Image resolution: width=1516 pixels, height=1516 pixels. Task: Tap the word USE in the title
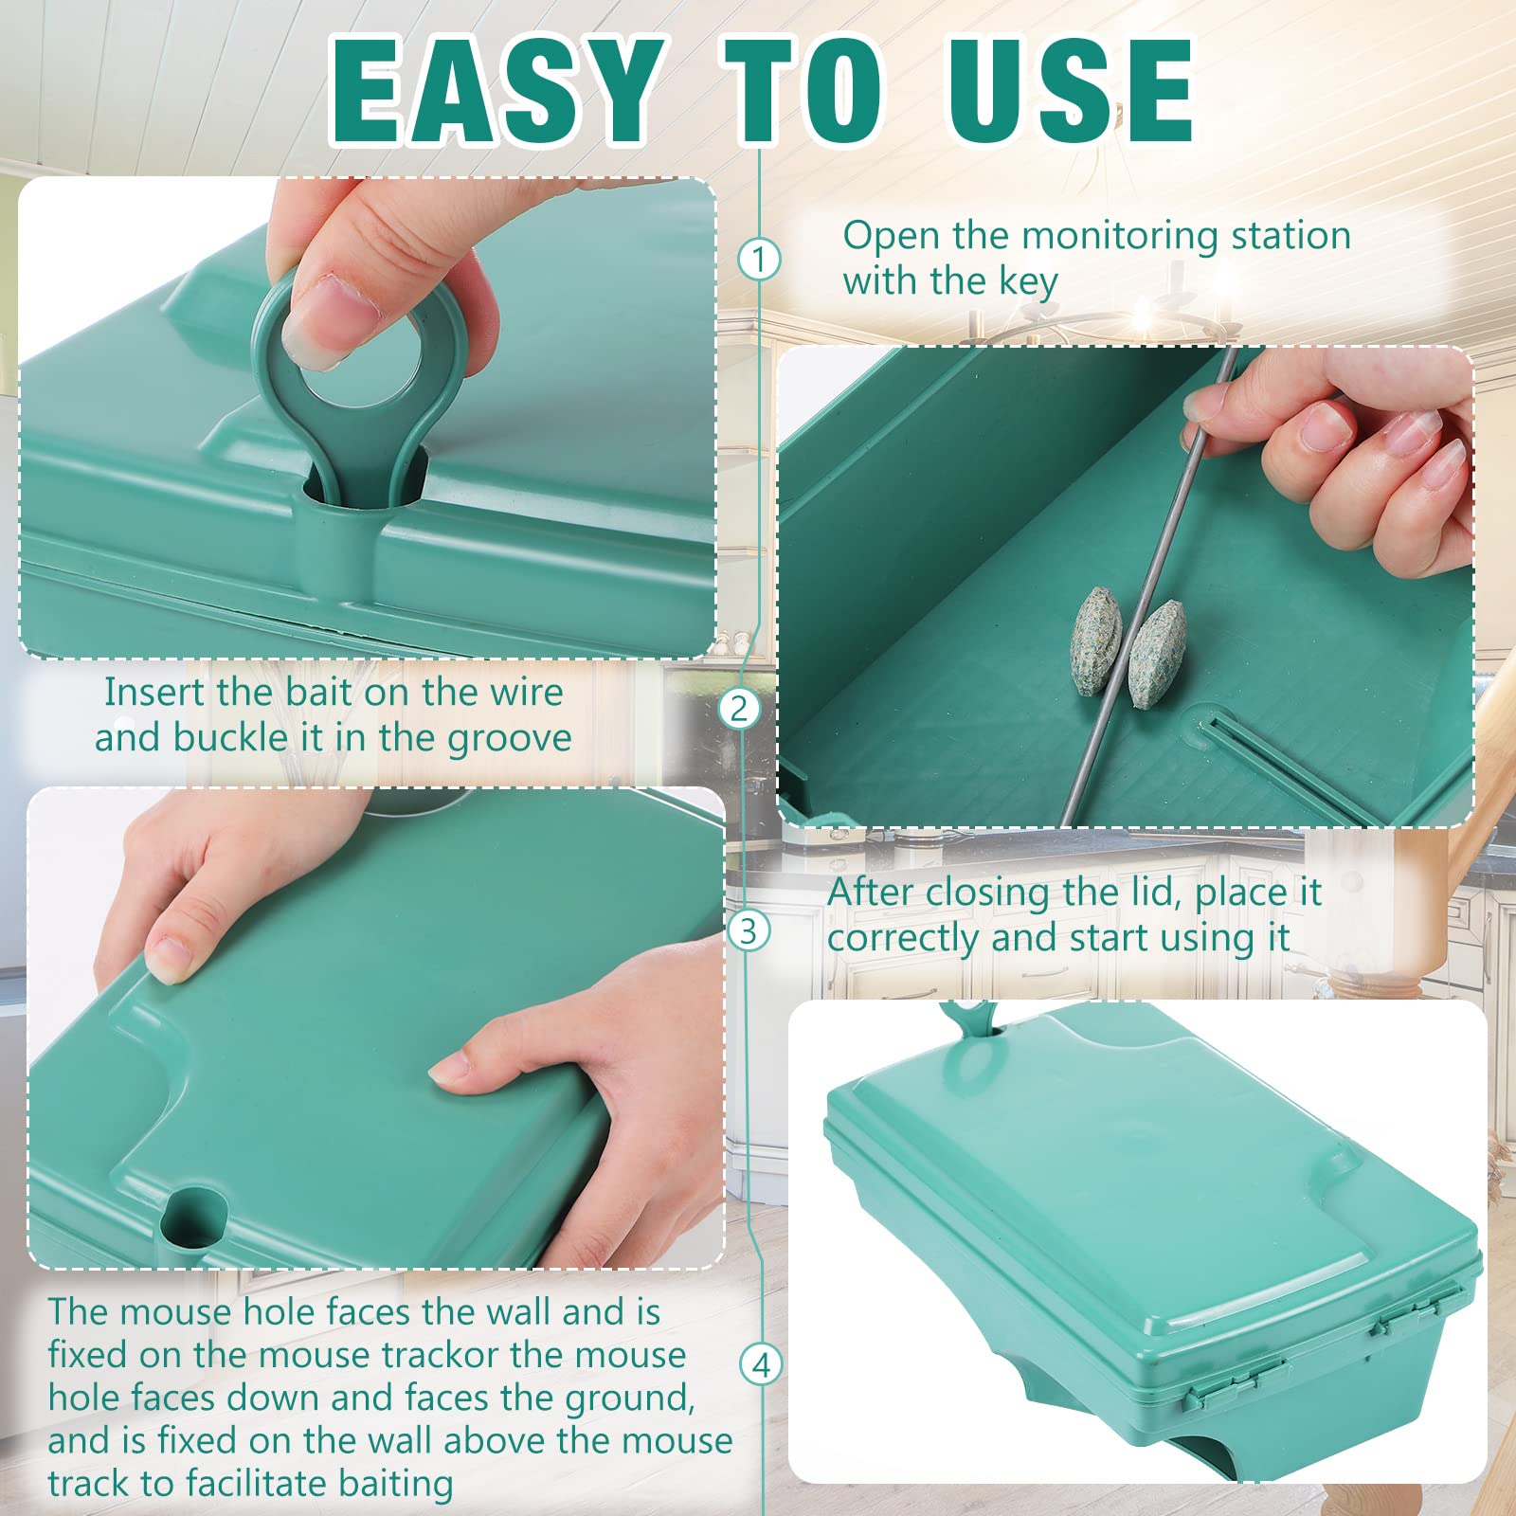pyautogui.click(x=1071, y=92)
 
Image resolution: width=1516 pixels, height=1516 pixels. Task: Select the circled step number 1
pyautogui.click(x=759, y=259)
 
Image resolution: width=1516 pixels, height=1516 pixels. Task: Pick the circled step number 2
pyautogui.click(x=739, y=709)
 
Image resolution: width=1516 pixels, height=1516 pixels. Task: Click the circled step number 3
pyautogui.click(x=749, y=931)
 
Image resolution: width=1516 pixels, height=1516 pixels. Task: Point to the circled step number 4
pyautogui.click(x=761, y=1365)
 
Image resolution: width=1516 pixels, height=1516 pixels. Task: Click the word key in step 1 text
pyautogui.click(x=1027, y=282)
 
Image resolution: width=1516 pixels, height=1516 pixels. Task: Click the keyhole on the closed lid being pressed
pyautogui.click(x=195, y=1216)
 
